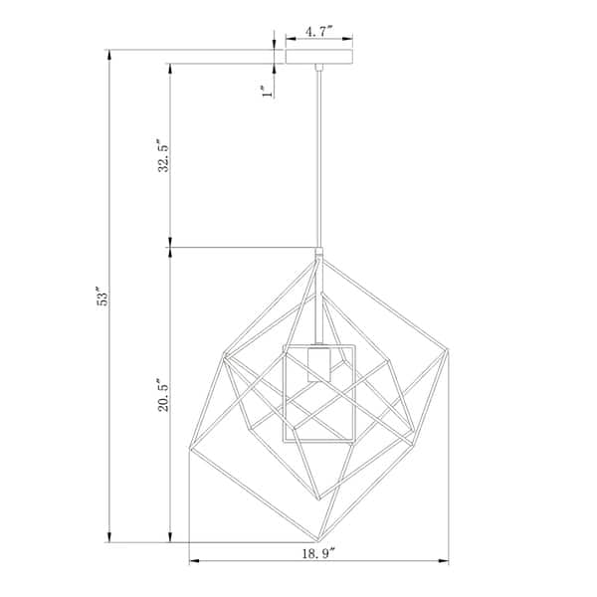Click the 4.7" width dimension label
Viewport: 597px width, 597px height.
pyautogui.click(x=319, y=32)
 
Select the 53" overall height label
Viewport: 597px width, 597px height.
pyautogui.click(x=102, y=297)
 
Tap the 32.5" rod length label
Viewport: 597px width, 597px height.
pyautogui.click(x=163, y=156)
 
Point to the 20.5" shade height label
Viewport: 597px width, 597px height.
pyautogui.click(x=163, y=395)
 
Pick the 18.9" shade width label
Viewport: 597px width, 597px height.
pyautogui.click(x=318, y=553)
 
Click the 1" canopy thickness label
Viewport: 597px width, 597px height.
pyautogui.click(x=268, y=92)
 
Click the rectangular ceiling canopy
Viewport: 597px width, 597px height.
pyautogui.click(x=319, y=57)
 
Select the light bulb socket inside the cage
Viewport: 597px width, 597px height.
pyautogui.click(x=319, y=363)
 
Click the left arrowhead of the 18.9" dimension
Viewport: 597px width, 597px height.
pyautogui.click(x=194, y=560)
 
